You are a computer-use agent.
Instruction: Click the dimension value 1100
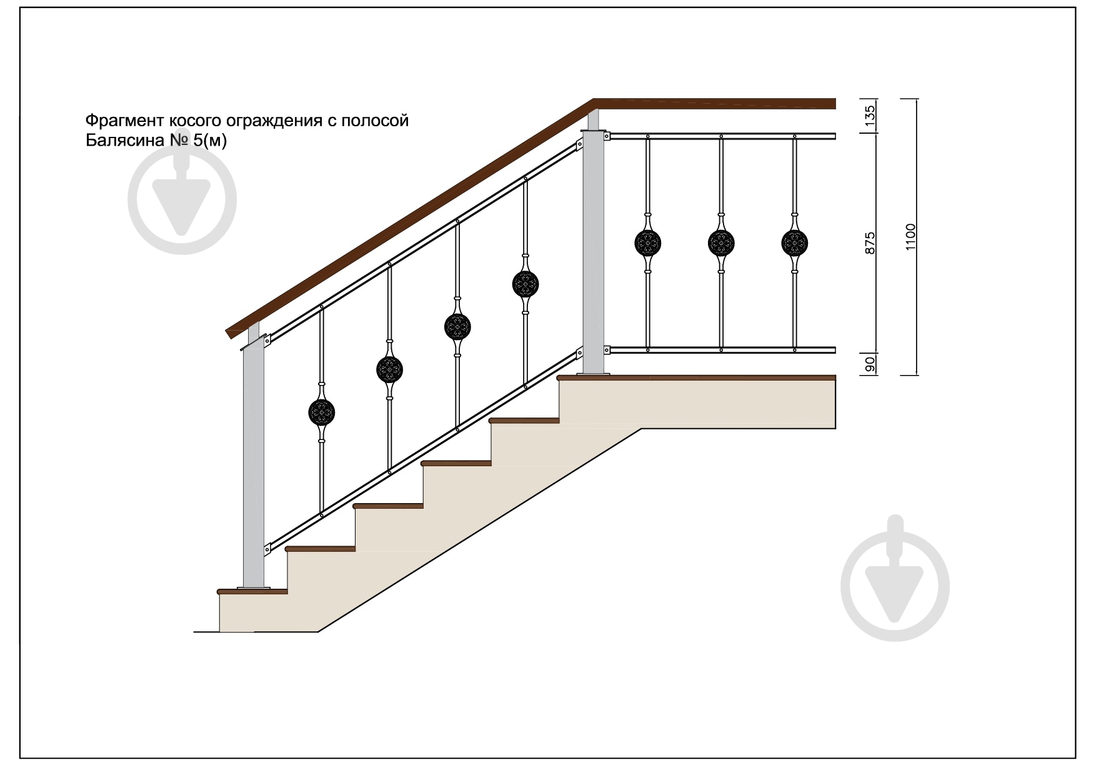point(910,237)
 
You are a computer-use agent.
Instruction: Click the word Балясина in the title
point(125,141)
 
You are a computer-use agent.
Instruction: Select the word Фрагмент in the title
point(126,121)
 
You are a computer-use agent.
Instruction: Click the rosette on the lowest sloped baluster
point(322,412)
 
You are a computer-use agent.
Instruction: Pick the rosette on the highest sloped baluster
point(526,284)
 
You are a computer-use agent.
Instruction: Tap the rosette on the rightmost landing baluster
point(795,242)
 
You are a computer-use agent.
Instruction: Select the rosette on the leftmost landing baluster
point(647,242)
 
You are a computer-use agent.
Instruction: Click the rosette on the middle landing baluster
point(721,242)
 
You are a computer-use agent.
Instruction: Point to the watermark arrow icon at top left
point(182,200)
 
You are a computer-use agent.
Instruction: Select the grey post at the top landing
point(594,250)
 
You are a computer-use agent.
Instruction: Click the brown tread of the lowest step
point(252,591)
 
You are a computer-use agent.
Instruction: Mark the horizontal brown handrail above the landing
point(715,104)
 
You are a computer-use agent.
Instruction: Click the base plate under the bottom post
point(253,588)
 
